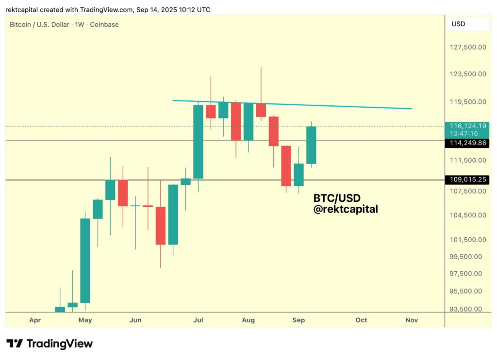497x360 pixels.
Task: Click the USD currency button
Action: pyautogui.click(x=459, y=24)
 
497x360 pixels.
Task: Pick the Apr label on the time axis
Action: pyautogui.click(x=34, y=320)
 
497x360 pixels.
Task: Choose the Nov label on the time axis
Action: pyautogui.click(x=412, y=320)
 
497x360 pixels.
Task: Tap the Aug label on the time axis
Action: pyautogui.click(x=248, y=320)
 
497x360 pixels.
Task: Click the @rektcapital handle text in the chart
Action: pyautogui.click(x=346, y=209)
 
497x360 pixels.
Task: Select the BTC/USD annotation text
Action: pyautogui.click(x=337, y=198)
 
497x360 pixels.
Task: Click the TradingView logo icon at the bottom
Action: pyautogui.click(x=15, y=344)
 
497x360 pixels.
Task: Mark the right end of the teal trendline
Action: pyautogui.click(x=412, y=109)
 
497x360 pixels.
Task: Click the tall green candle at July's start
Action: pyautogui.click(x=198, y=142)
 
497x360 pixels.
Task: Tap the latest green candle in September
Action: pyautogui.click(x=311, y=145)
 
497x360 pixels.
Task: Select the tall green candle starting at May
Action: pyautogui.click(x=85, y=261)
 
